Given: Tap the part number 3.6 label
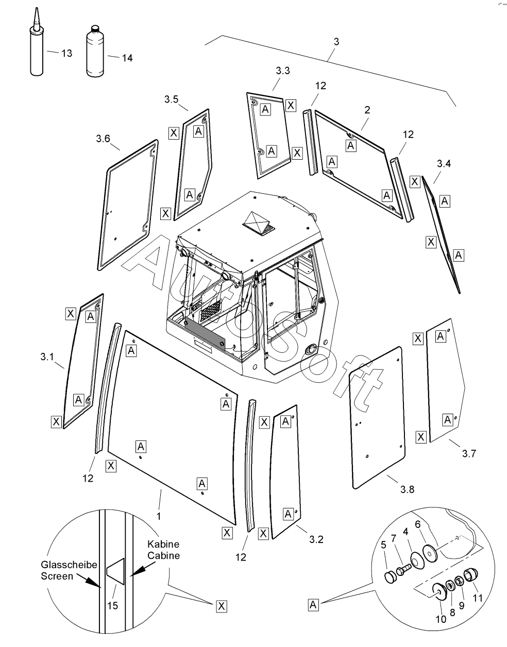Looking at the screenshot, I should pyautogui.click(x=103, y=139).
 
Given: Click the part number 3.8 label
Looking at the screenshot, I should pyautogui.click(x=407, y=489).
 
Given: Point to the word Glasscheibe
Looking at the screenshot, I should pyautogui.click(x=69, y=565).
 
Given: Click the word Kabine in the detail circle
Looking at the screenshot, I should pyautogui.click(x=163, y=544).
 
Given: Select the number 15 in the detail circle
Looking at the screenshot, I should pyautogui.click(x=113, y=605).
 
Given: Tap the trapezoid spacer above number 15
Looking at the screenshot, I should pyautogui.click(x=115, y=571).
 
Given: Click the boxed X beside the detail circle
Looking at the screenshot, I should pyautogui.click(x=222, y=606).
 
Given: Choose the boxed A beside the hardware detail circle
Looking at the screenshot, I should pyautogui.click(x=313, y=605).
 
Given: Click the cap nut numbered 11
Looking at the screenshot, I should pyautogui.click(x=472, y=574).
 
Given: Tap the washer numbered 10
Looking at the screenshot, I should pyautogui.click(x=440, y=591).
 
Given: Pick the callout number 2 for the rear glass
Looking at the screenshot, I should pyautogui.click(x=367, y=110).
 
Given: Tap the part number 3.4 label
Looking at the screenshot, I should pyautogui.click(x=444, y=164).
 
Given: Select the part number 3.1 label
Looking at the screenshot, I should pyautogui.click(x=47, y=356).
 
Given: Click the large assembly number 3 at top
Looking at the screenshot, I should pyautogui.click(x=336, y=42).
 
